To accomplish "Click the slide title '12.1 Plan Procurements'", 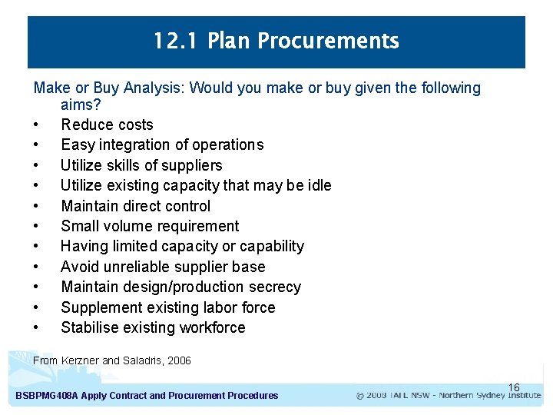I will (x=276, y=41).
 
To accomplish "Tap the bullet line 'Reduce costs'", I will (x=107, y=124).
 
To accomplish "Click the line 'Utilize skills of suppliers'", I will (x=141, y=165).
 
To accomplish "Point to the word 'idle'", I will (x=319, y=185).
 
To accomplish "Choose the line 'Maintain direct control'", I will (x=135, y=206).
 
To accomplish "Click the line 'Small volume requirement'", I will (x=150, y=226).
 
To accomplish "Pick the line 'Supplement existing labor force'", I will (x=167, y=307).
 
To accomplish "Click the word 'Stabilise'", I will (x=90, y=327).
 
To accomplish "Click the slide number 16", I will (x=514, y=387).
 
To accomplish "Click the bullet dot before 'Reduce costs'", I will (x=36, y=125).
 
